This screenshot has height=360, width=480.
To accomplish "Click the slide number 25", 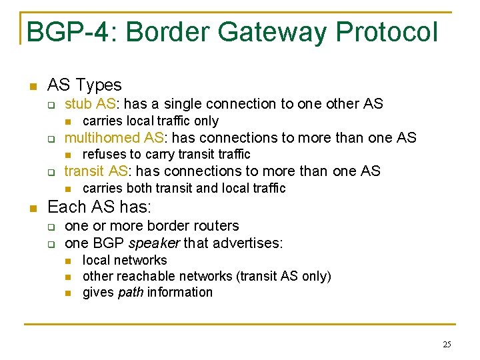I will tap(446, 344).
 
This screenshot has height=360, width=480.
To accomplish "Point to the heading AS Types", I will tap(85, 85).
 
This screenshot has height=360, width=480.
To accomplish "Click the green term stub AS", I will tap(91, 104).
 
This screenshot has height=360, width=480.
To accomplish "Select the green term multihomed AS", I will tap(116, 138).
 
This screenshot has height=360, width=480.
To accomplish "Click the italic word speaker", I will tap(157, 243).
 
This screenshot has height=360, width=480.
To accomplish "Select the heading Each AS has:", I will tap(99, 207).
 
